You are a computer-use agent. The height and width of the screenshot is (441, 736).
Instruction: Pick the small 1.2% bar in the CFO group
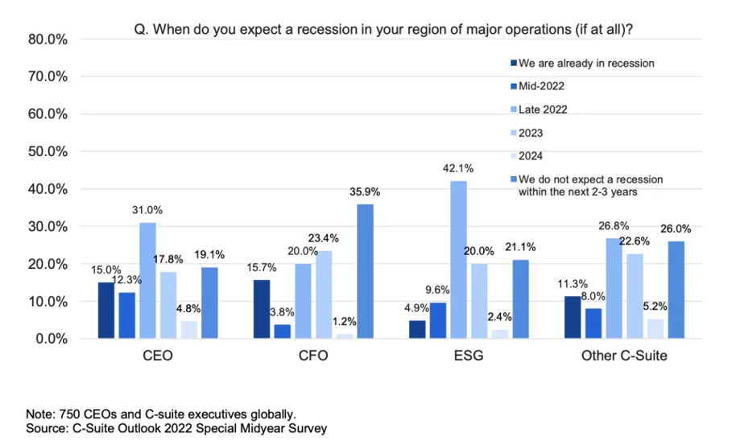(344, 336)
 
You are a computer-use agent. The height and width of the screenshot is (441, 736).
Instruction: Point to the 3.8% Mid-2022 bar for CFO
(282, 332)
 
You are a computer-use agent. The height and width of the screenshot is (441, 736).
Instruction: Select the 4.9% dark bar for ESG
(416, 329)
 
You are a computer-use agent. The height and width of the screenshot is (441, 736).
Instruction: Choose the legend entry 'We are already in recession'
(586, 63)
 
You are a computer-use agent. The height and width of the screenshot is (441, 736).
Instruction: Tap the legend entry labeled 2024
(531, 156)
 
